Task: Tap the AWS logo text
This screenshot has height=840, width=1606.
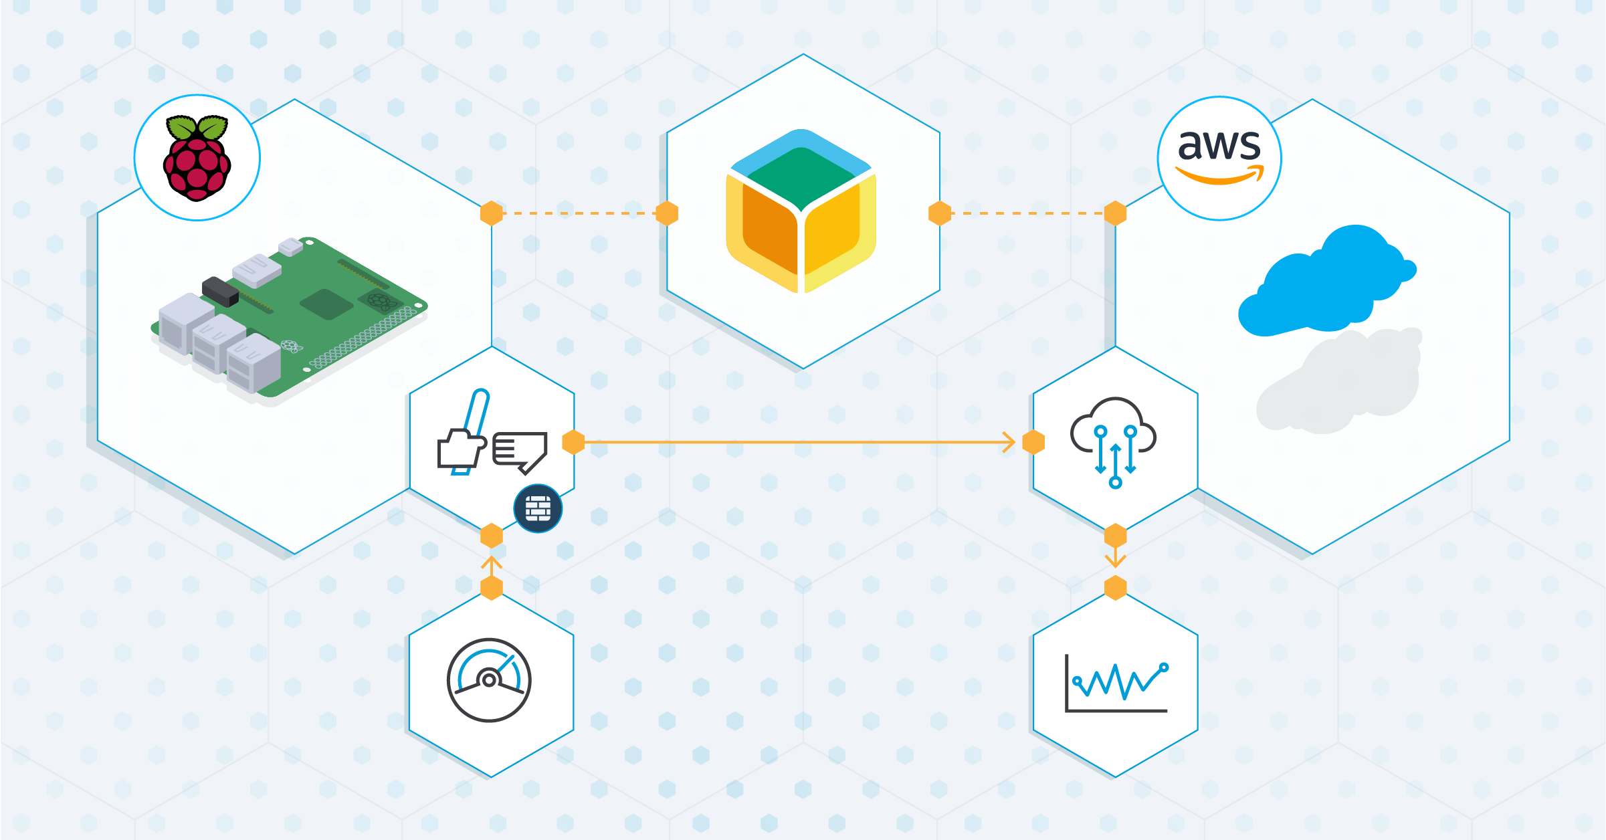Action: (x=1219, y=145)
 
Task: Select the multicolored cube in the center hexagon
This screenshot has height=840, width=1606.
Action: (x=801, y=211)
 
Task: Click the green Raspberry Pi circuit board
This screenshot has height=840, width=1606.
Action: (x=314, y=314)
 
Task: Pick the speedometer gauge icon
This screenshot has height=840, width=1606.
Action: (x=489, y=680)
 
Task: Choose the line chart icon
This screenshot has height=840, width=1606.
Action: (x=1116, y=684)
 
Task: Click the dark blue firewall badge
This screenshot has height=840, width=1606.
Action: (x=538, y=508)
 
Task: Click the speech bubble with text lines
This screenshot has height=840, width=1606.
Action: (x=520, y=451)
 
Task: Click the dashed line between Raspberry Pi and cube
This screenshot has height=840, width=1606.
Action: (x=579, y=213)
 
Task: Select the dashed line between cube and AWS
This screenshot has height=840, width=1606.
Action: (x=1027, y=213)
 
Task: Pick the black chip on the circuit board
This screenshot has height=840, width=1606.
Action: (x=220, y=292)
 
